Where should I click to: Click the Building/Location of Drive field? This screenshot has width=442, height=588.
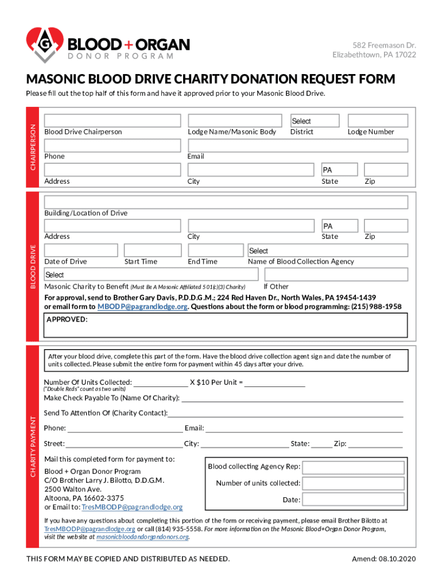[x=226, y=202]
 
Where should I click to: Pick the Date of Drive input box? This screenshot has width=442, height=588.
[x=81, y=250]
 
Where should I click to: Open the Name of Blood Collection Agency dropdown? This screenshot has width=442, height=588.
[x=328, y=250]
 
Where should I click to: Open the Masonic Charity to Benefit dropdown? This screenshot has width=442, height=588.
[x=226, y=274]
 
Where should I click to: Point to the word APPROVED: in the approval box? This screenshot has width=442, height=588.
[x=67, y=319]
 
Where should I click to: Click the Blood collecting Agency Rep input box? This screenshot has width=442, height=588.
[x=353, y=467]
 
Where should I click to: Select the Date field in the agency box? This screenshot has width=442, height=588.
[x=353, y=500]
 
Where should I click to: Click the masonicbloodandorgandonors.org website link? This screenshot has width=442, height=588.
[x=142, y=537]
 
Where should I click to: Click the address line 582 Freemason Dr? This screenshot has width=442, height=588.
[x=384, y=45]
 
